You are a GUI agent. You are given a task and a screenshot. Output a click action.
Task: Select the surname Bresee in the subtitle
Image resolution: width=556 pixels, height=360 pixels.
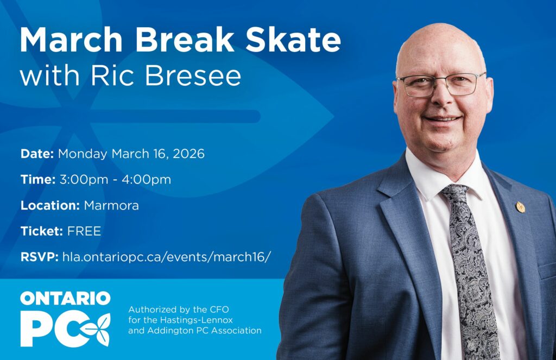coord(193,75)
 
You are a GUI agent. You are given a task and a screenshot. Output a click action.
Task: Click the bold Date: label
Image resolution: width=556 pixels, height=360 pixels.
coord(37,154)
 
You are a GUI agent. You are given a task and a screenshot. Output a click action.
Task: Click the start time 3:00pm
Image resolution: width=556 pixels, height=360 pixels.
coord(83,180)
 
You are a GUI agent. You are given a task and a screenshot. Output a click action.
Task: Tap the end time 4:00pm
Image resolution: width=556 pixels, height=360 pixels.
coord(147,180)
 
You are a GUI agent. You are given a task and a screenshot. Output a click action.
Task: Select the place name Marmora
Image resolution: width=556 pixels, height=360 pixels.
coord(111,205)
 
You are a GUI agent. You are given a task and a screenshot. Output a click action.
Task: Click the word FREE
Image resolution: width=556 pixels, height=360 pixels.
coord(84,231)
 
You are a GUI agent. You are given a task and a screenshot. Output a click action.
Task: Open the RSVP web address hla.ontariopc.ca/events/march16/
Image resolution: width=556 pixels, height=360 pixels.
coord(167,257)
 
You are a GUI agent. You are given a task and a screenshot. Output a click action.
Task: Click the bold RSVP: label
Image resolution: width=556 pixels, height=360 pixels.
coord(39,257)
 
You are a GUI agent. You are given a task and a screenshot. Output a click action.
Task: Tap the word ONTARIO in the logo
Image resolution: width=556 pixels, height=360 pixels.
coord(65,298)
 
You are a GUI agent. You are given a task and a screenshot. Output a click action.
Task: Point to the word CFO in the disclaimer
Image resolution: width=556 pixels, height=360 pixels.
coord(219,310)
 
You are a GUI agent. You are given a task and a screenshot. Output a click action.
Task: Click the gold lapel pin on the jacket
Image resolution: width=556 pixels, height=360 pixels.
coord(520,207)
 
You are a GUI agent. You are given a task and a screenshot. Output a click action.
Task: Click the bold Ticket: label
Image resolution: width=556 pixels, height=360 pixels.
coord(42,231)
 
